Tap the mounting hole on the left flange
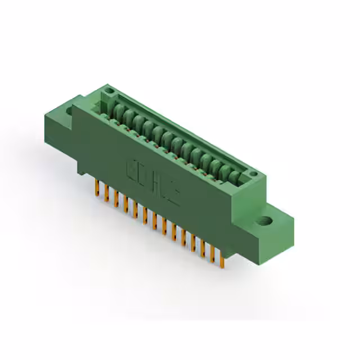tap(70, 111)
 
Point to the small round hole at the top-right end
tap(254, 175)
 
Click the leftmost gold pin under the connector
tap(96, 188)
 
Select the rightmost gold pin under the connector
tap(223, 260)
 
